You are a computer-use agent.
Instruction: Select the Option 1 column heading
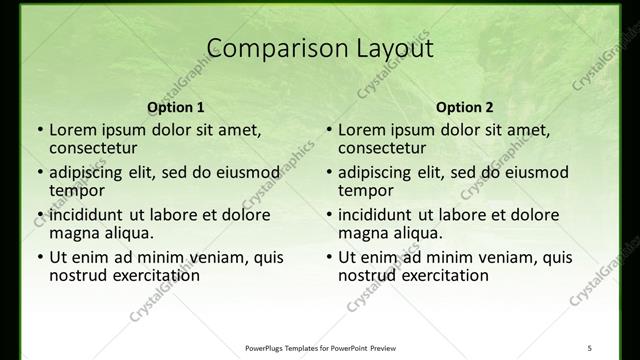coord(176,107)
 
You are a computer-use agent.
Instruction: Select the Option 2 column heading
coord(465,107)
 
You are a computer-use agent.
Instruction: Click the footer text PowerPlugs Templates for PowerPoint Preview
coord(321,347)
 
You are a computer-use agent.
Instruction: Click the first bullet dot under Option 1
coord(40,130)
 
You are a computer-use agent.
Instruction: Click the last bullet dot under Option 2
coord(329,257)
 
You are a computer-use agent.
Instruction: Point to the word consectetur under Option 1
coord(92,148)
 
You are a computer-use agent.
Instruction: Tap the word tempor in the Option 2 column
coord(366,190)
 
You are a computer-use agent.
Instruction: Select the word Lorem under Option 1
coord(72,130)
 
